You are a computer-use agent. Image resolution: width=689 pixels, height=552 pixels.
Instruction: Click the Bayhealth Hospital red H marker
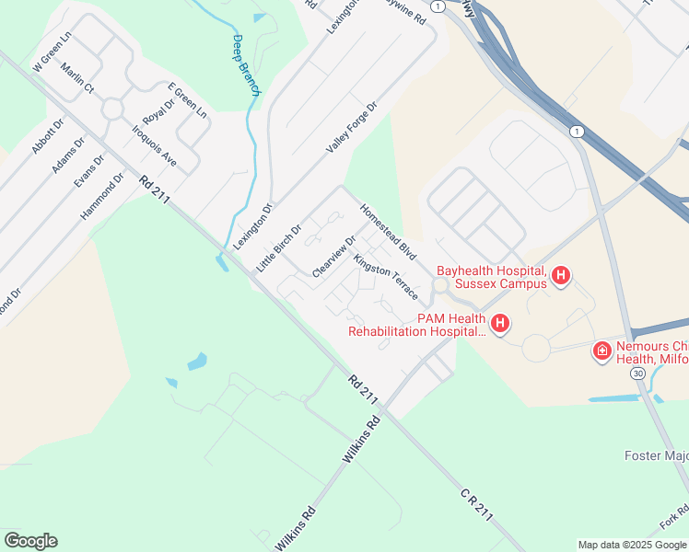561,274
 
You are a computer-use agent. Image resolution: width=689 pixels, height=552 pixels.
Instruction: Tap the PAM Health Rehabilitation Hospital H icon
500,323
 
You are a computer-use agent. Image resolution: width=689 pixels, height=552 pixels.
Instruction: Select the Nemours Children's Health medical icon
601,350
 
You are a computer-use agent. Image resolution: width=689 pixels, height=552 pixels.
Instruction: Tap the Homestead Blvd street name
389,232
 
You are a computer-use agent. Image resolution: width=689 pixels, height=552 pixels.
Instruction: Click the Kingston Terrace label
386,278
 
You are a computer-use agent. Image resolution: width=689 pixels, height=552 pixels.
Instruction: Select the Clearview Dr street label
334,256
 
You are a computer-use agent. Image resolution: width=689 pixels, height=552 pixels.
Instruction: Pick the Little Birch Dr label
279,247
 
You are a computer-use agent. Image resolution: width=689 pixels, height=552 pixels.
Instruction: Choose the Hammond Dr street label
102,196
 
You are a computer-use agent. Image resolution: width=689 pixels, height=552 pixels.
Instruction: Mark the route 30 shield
637,374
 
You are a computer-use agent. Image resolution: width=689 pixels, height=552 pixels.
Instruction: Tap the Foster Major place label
657,454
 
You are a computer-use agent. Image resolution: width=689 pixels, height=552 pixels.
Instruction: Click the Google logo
30,541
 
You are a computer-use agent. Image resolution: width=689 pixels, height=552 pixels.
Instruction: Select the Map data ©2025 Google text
632,545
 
